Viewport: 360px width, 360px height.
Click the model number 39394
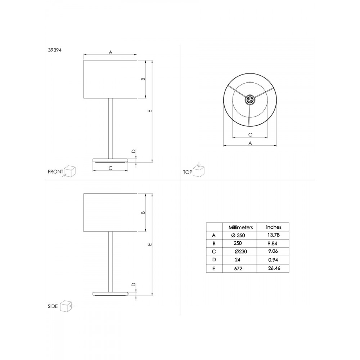55,50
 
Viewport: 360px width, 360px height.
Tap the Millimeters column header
240,227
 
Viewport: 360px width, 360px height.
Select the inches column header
274,227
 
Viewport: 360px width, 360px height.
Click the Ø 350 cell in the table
238,235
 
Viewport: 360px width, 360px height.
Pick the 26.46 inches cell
274,268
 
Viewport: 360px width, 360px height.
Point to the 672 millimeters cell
238,269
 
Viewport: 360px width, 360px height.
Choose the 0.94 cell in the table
273,260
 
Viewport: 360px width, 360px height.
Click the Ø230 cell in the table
241,252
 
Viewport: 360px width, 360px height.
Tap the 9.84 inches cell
273,243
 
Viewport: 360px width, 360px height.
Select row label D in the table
214,260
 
